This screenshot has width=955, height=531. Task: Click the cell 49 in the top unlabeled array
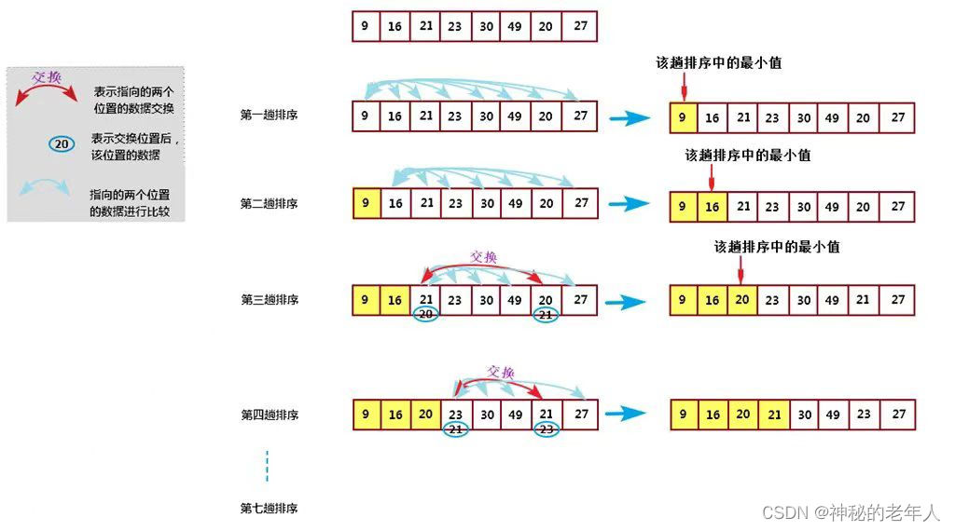(516, 26)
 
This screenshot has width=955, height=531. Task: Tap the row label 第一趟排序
(270, 115)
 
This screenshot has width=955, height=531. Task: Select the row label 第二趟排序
(270, 204)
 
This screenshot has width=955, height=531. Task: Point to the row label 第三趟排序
(270, 300)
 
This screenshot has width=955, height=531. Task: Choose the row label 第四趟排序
(270, 415)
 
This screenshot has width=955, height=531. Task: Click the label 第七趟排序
(270, 510)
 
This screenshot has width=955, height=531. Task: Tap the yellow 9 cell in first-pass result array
(684, 118)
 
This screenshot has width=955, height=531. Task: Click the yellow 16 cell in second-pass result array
(713, 207)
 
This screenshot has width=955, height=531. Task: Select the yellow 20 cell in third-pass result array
(742, 300)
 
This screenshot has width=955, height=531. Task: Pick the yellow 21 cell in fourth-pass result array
(773, 415)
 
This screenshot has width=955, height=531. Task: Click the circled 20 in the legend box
(62, 144)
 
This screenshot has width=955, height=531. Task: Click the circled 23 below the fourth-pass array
(547, 429)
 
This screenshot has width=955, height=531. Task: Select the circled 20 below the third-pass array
(426, 315)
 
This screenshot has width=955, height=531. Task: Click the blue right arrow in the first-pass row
(628, 118)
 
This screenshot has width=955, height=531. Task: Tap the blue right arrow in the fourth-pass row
(628, 415)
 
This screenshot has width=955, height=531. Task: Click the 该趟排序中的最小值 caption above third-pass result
(777, 247)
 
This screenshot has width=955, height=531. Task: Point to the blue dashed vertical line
(267, 467)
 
